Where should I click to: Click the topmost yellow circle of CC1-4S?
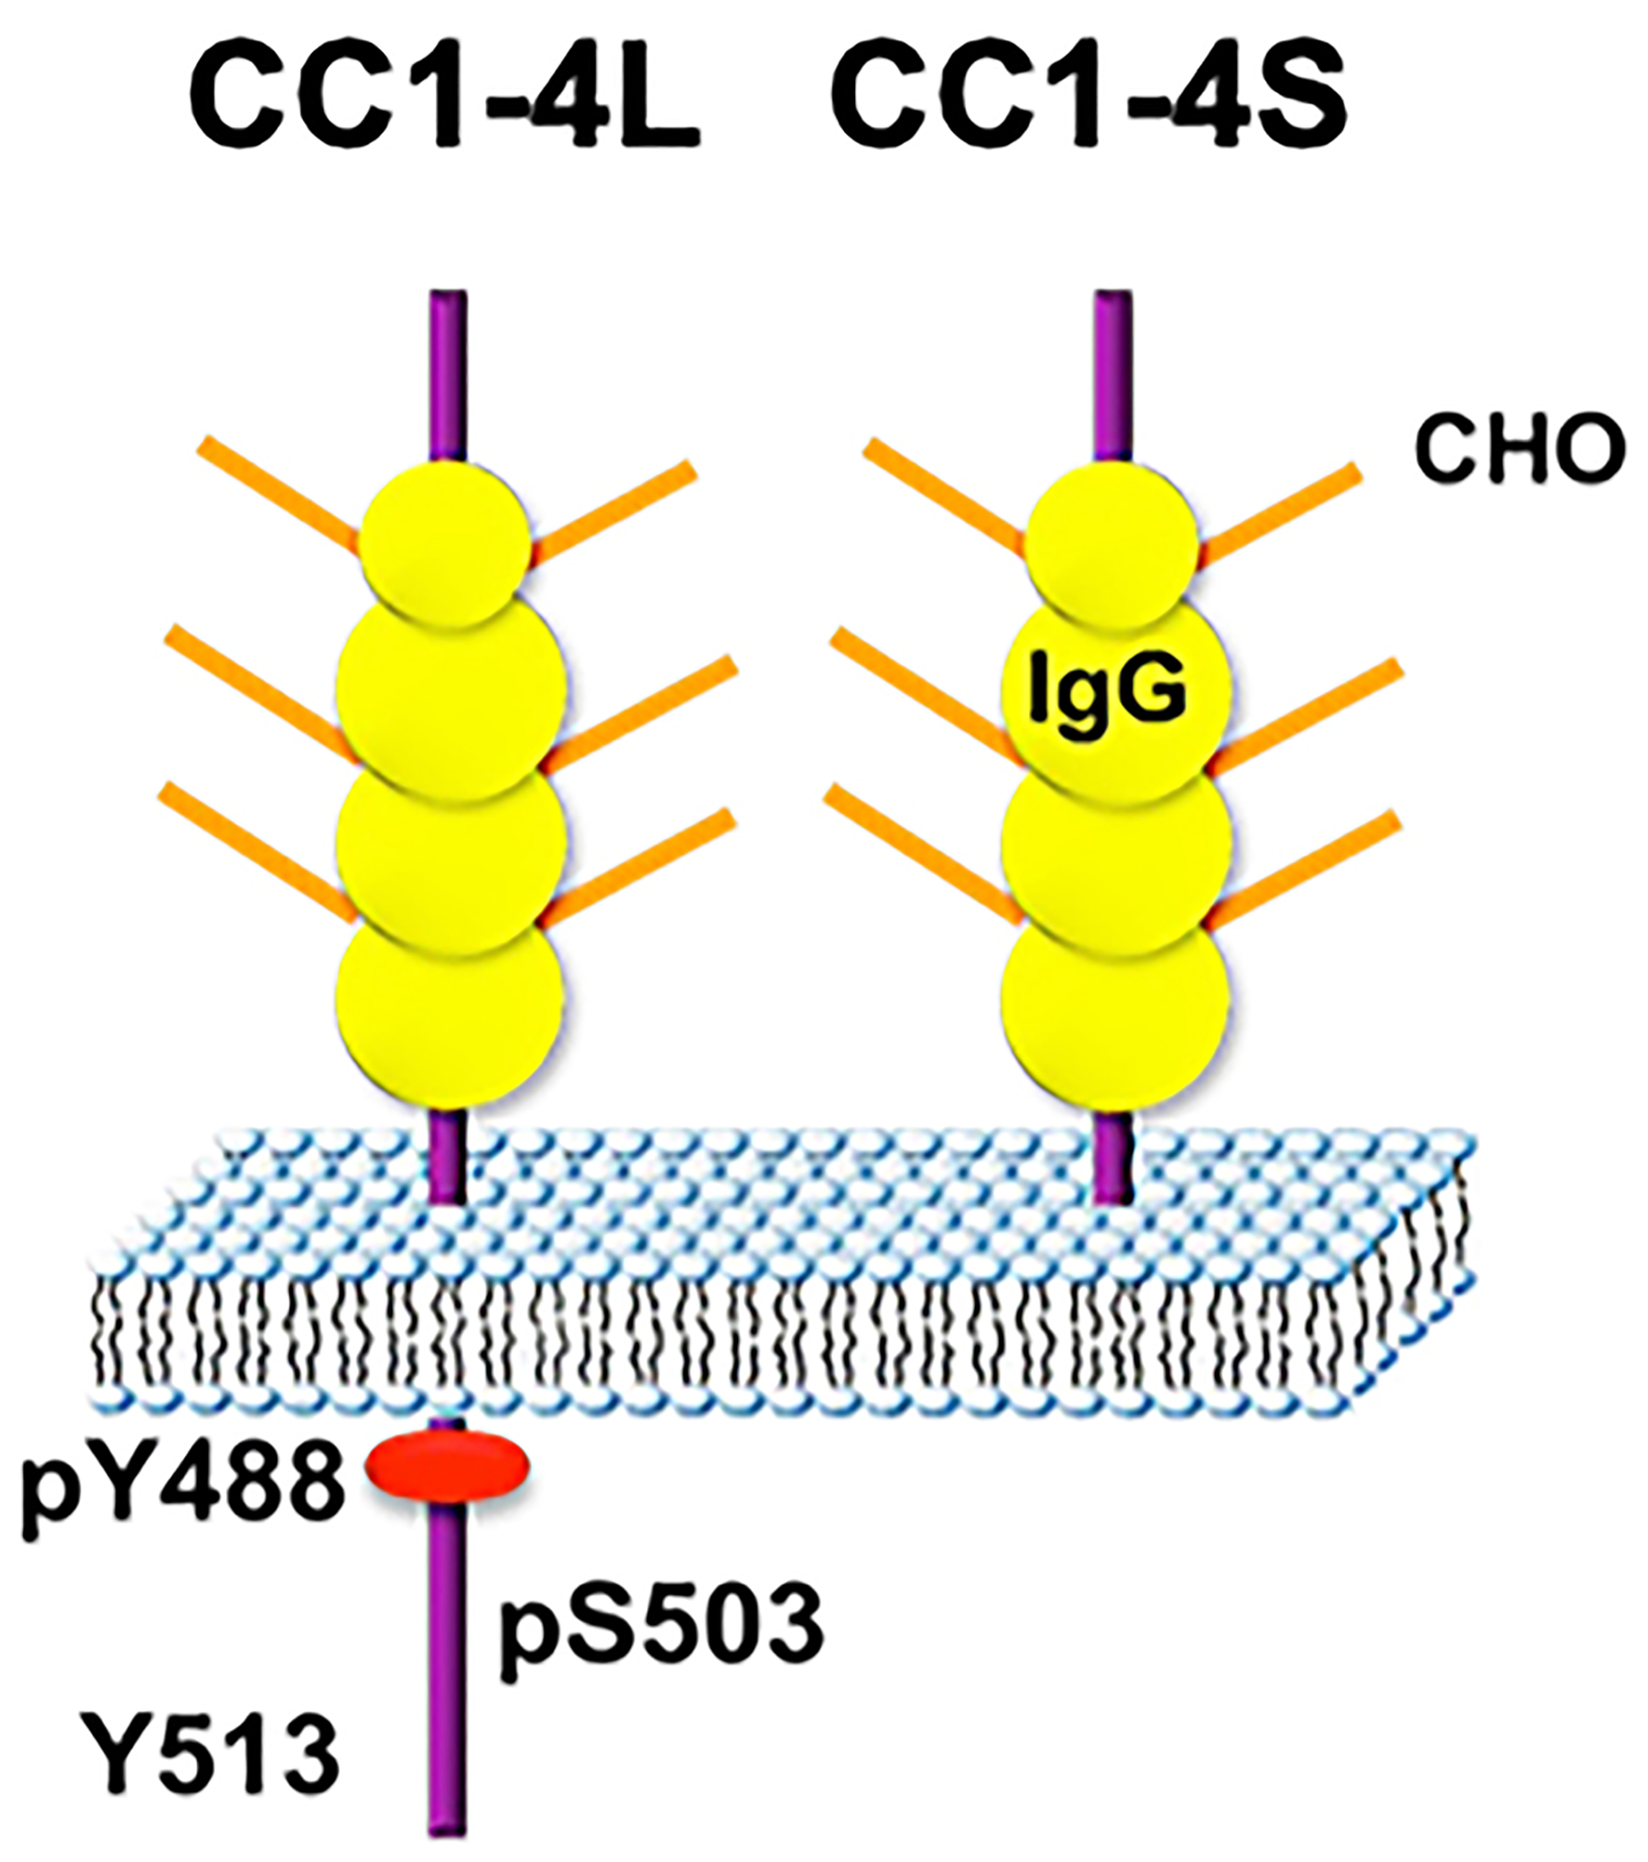(1111, 542)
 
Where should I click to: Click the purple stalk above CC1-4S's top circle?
(1113, 375)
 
